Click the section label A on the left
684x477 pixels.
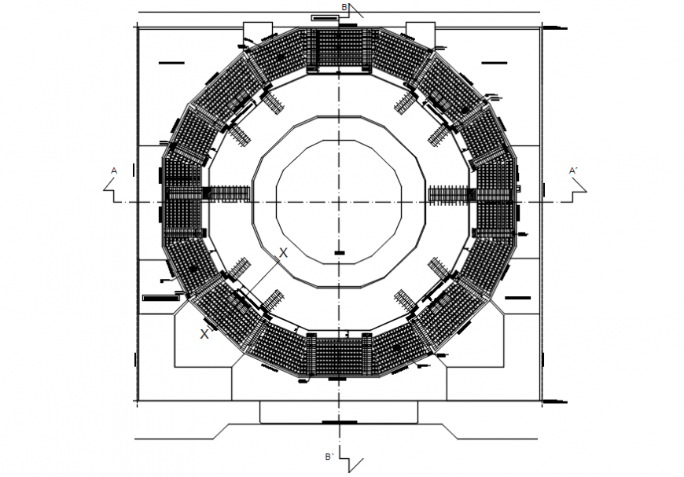coord(114,171)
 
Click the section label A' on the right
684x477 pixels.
coord(573,171)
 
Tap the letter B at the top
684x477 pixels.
coord(344,7)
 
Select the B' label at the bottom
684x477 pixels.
coord(329,457)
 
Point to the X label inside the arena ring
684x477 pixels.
coord(283,252)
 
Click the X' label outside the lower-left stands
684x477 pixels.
coord(205,334)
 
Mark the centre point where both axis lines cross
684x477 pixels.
coord(339,202)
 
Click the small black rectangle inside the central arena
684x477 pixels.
coord(339,252)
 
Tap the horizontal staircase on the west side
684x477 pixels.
coord(227,194)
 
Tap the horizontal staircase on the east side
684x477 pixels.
coord(450,194)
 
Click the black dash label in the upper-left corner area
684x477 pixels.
coord(171,62)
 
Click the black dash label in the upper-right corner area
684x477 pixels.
coord(495,62)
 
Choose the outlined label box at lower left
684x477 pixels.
coord(160,299)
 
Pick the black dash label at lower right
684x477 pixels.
coord(519,299)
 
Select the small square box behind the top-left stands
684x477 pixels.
coord(257,31)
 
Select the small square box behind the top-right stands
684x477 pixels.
coord(421,31)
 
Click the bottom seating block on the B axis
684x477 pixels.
coord(339,355)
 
